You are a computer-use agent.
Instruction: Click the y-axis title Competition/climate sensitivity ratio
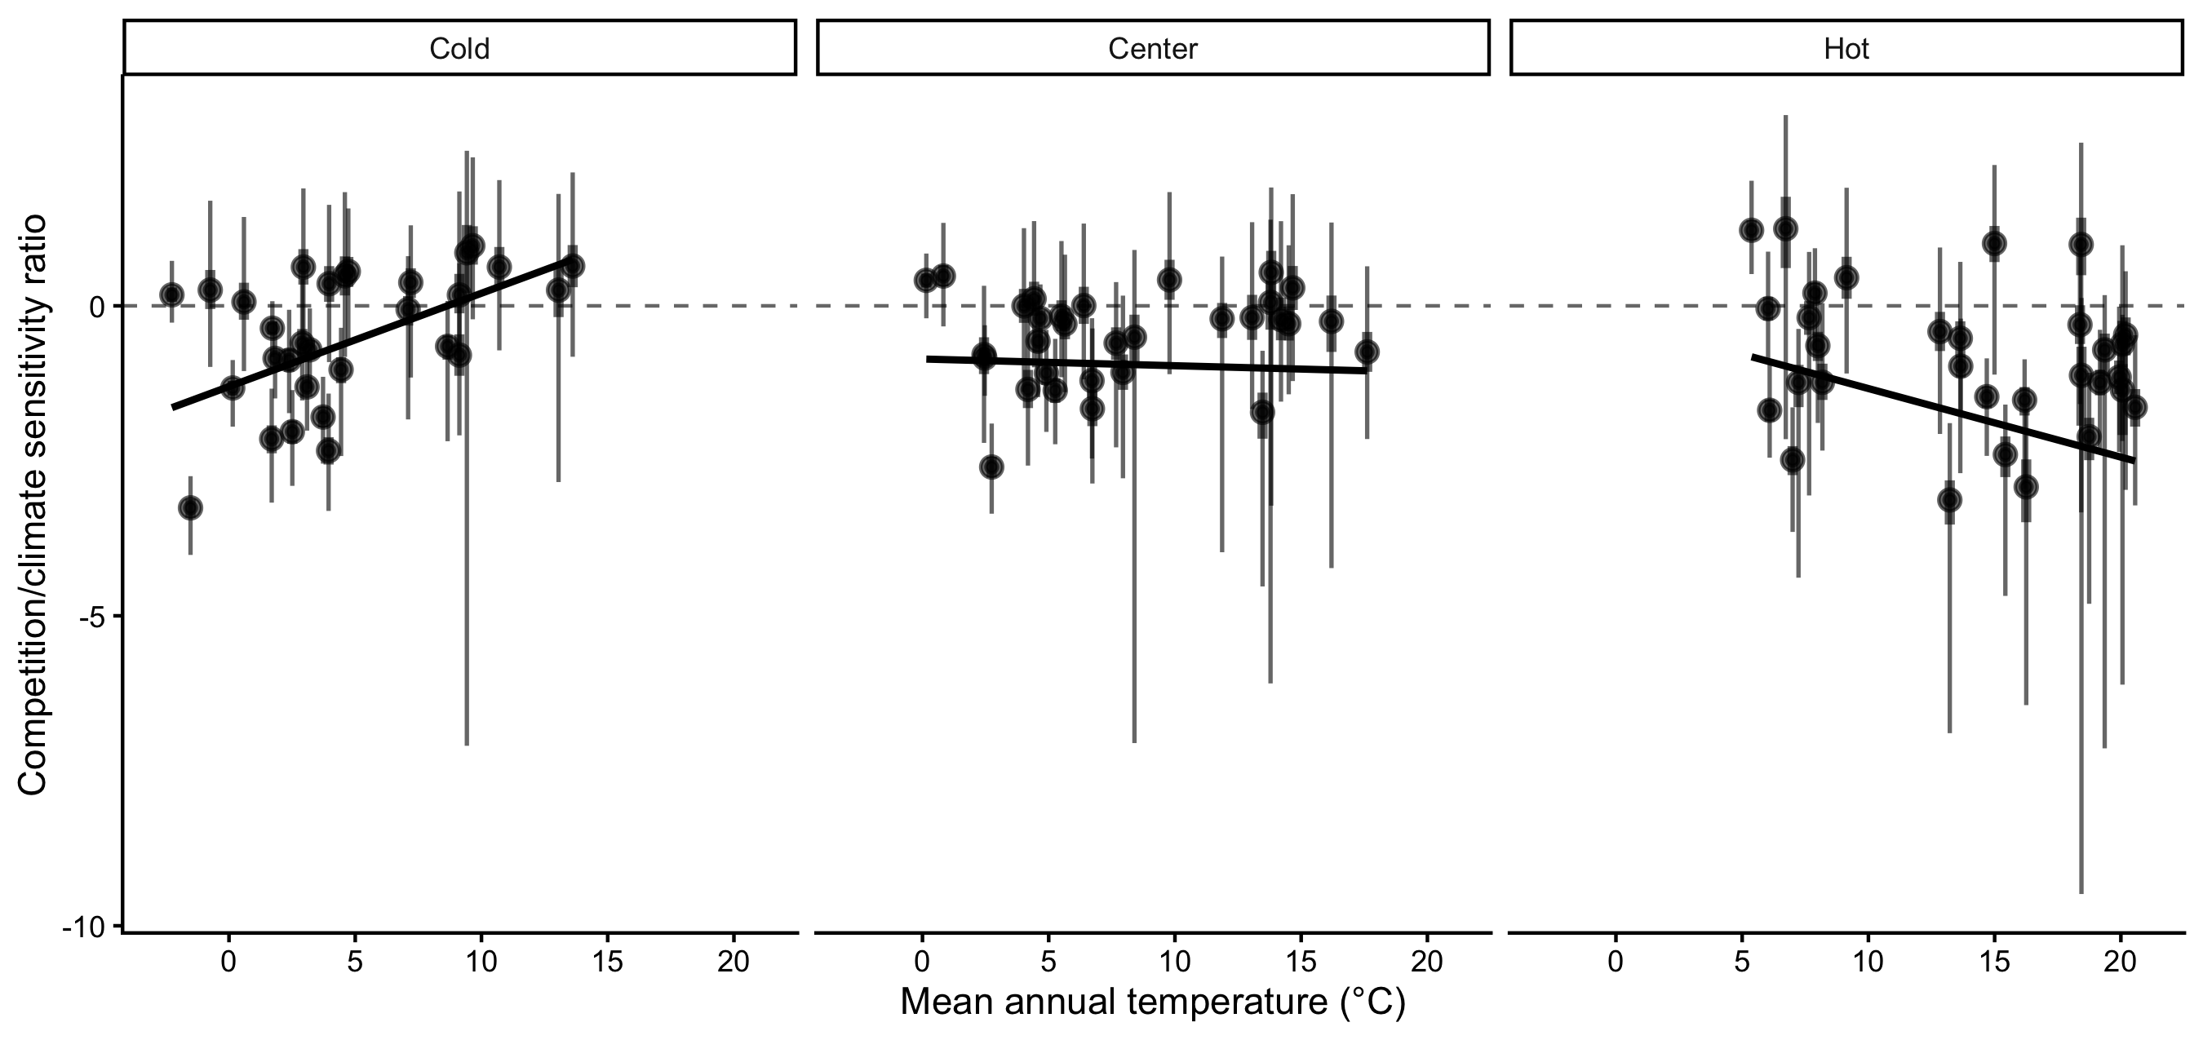(x=33, y=505)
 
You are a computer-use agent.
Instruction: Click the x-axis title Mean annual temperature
(x=1152, y=1002)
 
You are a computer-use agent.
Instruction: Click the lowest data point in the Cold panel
(x=190, y=508)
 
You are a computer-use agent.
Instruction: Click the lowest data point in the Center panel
(x=991, y=467)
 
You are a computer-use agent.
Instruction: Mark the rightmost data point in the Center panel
(x=1367, y=352)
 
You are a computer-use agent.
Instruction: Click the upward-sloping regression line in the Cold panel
(x=368, y=334)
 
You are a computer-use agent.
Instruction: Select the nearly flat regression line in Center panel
(x=1146, y=365)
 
